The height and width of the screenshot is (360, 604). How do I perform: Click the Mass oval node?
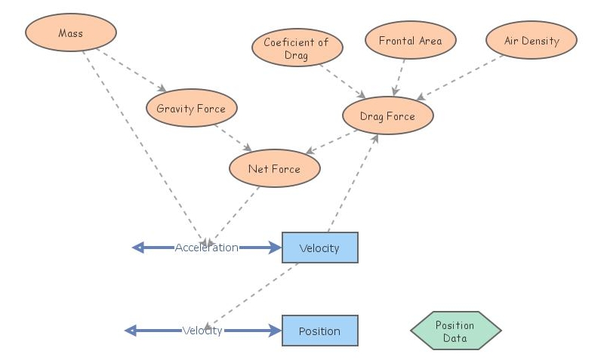click(70, 34)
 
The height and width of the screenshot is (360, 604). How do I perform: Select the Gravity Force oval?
click(191, 109)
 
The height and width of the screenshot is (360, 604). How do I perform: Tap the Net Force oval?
click(274, 169)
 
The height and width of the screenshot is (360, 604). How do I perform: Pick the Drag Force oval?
click(388, 116)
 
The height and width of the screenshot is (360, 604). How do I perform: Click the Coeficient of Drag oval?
click(297, 48)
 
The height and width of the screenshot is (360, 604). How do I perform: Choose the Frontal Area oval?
click(410, 41)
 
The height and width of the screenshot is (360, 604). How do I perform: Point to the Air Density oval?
click(532, 41)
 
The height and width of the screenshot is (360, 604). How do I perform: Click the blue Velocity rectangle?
click(319, 248)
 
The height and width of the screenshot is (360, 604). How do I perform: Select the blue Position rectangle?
click(319, 331)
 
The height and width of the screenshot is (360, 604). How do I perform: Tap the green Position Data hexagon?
click(455, 331)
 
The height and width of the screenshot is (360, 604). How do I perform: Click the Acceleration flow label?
click(206, 248)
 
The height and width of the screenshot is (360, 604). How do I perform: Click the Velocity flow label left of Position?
click(202, 331)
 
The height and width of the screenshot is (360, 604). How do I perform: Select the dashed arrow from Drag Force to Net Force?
click(332, 143)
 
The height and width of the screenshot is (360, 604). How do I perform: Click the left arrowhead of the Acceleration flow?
click(138, 248)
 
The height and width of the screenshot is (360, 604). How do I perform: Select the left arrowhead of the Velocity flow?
click(131, 331)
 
